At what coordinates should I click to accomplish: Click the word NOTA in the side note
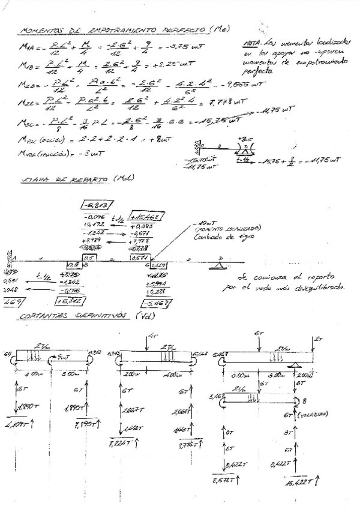pyautogui.click(x=252, y=43)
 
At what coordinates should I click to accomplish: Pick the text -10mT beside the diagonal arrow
pyautogui.click(x=208, y=225)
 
